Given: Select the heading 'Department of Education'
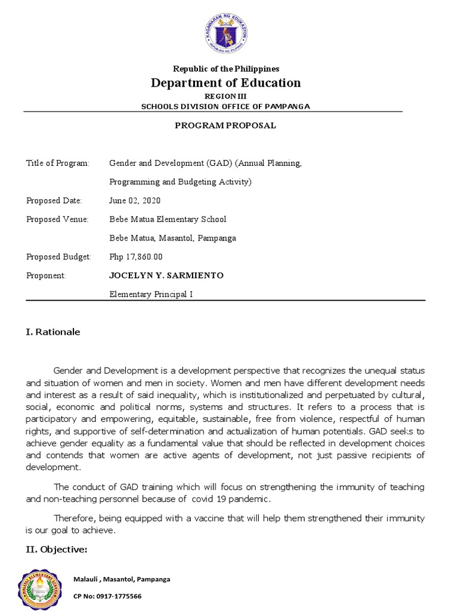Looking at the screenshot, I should (x=225, y=83).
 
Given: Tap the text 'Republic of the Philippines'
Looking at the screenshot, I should (x=225, y=69).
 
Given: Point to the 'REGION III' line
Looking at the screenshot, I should (x=225, y=96).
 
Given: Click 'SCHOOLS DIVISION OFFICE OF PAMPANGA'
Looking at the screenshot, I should (x=225, y=106).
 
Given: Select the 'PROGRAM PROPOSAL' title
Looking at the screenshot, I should (x=225, y=125).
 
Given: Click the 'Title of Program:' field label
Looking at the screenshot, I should (x=58, y=163).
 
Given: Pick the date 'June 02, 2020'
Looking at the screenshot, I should (x=135, y=200).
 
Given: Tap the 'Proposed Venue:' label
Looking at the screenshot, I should (x=57, y=219).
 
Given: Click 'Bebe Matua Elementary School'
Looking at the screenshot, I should (x=168, y=219).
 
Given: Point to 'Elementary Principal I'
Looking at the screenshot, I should (x=151, y=294).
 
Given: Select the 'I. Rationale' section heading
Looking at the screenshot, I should (x=53, y=332).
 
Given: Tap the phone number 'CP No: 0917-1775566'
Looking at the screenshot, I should (x=107, y=596).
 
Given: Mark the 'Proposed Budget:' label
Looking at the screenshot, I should (x=58, y=257).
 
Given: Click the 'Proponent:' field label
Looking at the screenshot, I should (x=46, y=275).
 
